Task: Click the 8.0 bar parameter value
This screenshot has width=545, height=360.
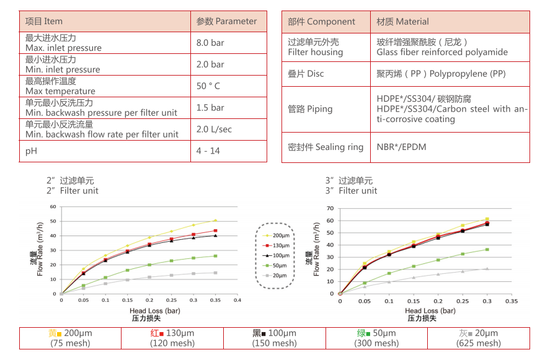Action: click(x=210, y=43)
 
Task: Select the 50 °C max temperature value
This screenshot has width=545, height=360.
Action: click(x=208, y=86)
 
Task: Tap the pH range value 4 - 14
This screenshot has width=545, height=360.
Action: click(x=208, y=151)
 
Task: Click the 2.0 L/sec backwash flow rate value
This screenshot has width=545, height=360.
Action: click(x=215, y=129)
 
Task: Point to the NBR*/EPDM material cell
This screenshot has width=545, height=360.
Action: click(x=401, y=147)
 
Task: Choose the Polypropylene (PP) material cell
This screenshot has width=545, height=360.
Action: click(x=441, y=74)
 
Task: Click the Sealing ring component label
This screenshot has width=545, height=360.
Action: click(x=326, y=147)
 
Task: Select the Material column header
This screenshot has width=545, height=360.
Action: click(x=402, y=21)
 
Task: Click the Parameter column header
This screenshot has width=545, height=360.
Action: click(x=226, y=21)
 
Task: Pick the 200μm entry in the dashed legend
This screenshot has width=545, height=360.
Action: click(x=277, y=235)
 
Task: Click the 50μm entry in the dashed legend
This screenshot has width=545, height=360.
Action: click(x=277, y=265)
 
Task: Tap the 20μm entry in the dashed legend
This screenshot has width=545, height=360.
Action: click(x=277, y=276)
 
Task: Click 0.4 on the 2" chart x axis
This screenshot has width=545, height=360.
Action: click(x=237, y=300)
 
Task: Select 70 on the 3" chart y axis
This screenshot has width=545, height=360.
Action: click(x=330, y=209)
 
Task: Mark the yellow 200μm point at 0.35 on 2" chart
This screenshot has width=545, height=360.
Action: click(x=215, y=221)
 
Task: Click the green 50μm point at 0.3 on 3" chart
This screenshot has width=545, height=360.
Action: click(x=487, y=250)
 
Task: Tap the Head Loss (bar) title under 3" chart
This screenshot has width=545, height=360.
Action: click(x=430, y=311)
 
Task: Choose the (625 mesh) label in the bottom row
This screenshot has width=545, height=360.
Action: click(x=478, y=343)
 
